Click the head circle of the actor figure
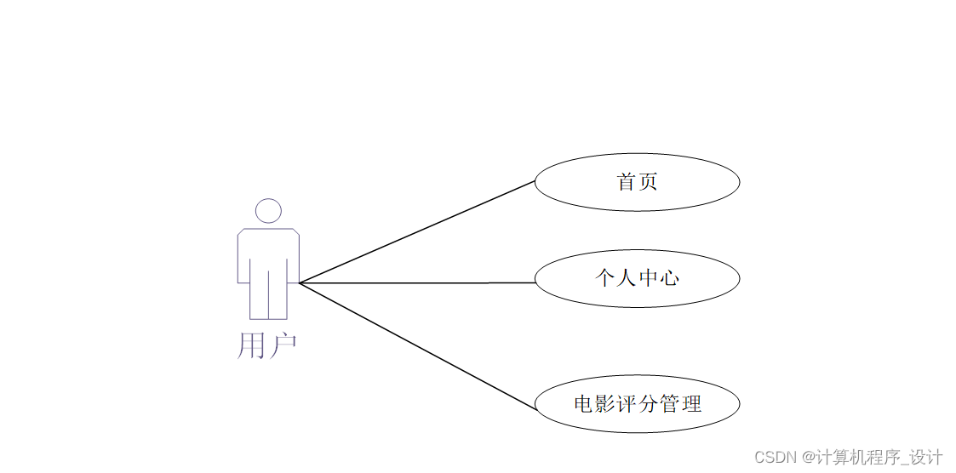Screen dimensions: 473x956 [268, 211]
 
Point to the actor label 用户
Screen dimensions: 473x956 [266, 345]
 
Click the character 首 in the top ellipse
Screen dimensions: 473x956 [627, 181]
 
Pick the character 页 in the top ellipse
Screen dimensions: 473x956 [648, 181]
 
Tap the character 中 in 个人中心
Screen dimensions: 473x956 [648, 278]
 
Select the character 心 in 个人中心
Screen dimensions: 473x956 [669, 278]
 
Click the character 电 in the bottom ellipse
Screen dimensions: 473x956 [584, 403]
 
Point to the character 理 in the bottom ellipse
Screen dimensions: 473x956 [691, 403]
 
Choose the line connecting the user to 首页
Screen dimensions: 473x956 [417, 231]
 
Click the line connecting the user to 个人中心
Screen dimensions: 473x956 [417, 282]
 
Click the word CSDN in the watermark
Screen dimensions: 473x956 [774, 457]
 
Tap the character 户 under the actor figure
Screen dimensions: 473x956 [282, 345]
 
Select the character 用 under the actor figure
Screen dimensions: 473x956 [251, 345]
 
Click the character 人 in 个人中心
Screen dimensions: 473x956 [627, 278]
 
